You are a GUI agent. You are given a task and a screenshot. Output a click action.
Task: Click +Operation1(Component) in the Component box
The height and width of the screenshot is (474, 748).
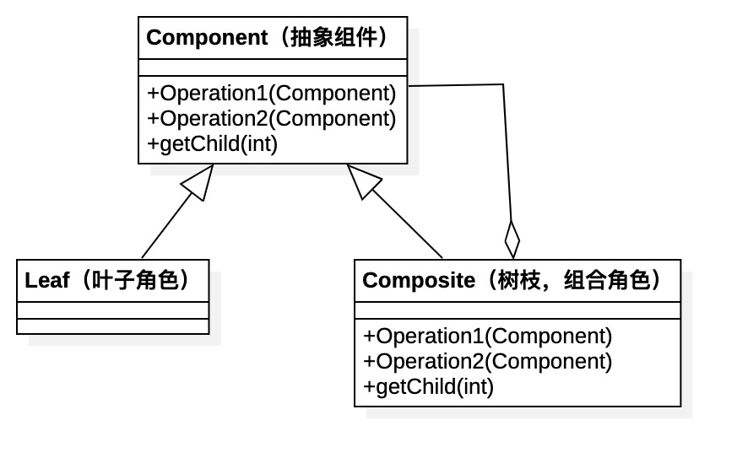click(271, 93)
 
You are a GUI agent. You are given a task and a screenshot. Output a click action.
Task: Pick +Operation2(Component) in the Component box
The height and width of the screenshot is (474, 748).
click(271, 118)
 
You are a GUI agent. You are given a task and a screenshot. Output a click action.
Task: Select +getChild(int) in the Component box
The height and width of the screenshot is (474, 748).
click(212, 143)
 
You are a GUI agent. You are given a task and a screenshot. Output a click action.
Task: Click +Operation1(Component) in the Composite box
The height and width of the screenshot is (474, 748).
click(487, 336)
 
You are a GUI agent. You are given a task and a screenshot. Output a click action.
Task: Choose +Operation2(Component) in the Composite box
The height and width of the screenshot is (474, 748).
click(487, 361)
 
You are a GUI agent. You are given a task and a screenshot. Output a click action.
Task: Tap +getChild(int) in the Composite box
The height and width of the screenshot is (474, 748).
click(428, 386)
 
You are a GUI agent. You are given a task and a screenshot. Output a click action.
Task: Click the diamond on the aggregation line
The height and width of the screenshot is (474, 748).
click(512, 239)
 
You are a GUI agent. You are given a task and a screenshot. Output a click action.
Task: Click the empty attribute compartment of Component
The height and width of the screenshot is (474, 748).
click(272, 67)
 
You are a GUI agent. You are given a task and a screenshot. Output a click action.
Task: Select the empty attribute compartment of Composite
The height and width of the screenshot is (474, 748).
click(517, 310)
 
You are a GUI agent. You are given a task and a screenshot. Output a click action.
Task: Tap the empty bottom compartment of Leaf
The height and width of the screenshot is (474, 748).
click(112, 326)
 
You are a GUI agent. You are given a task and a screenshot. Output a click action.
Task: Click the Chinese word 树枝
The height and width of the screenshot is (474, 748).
click(518, 281)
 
